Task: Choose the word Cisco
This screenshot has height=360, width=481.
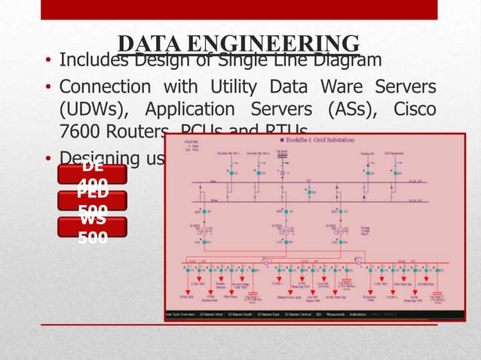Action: click(414, 110)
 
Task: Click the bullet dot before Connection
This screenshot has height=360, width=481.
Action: click(48, 89)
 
